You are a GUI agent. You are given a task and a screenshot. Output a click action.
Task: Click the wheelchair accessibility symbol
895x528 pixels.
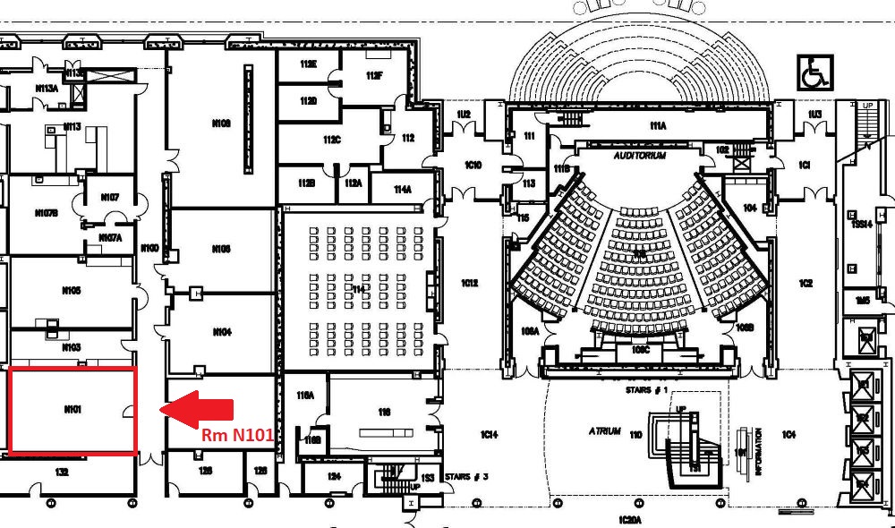815,72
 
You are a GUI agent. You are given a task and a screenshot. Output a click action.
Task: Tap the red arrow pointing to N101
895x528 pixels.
200,409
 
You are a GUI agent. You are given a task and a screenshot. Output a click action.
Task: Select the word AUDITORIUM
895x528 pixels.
640,155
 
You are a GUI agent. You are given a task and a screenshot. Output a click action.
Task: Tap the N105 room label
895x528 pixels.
72,291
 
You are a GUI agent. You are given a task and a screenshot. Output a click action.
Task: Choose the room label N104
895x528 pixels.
222,332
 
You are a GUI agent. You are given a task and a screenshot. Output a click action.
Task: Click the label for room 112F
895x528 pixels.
374,76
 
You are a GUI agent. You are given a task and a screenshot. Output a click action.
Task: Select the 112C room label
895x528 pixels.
332,140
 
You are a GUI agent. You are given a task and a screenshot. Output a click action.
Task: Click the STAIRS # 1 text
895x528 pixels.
644,391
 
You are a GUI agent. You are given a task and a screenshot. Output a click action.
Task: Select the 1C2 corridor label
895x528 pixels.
805,284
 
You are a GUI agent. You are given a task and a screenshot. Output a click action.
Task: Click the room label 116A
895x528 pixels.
306,395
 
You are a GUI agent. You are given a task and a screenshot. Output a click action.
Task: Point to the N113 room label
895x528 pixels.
72,127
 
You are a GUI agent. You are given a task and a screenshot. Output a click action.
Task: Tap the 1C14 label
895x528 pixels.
489,435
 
